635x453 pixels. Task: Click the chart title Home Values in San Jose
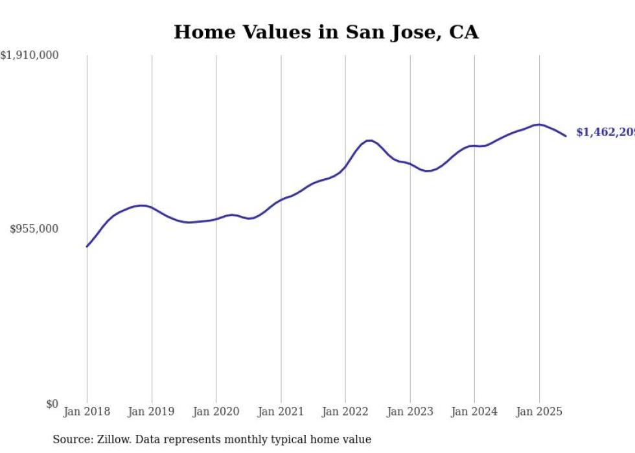pos(326,32)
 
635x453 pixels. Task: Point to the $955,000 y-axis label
pos(34,229)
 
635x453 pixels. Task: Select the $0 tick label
pos(52,404)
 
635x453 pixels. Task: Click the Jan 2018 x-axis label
pos(87,412)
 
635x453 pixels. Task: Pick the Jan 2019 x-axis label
pos(152,412)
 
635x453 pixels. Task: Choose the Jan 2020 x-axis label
pos(216,412)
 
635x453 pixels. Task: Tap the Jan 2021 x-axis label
pos(281,412)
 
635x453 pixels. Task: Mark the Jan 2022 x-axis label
pos(345,412)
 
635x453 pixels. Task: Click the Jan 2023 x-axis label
pos(410,412)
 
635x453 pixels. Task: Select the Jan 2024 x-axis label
pos(474,412)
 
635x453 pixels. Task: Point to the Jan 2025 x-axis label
pos(539,412)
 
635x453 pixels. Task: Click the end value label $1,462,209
pos(605,132)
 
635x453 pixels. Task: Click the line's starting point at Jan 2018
pos(87,246)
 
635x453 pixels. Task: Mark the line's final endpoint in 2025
pos(566,135)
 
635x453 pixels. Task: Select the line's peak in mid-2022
pos(369,140)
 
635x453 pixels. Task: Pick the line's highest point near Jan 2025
pos(538,124)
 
